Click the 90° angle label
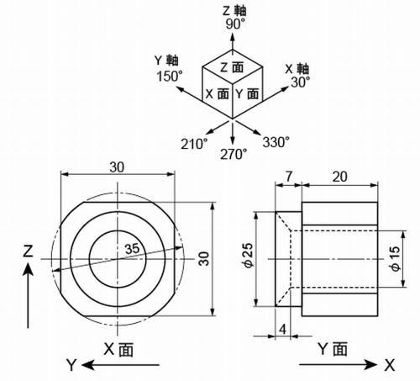tap(234, 25)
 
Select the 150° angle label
tap(170, 76)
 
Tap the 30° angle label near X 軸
tap(300, 82)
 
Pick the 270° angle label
tap(234, 154)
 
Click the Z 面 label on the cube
tap(234, 66)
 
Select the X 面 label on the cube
tap(217, 93)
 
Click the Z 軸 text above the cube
tap(234, 11)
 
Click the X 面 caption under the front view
tap(118, 347)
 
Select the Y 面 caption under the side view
tap(333, 347)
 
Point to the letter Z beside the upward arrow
tap(28, 251)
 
